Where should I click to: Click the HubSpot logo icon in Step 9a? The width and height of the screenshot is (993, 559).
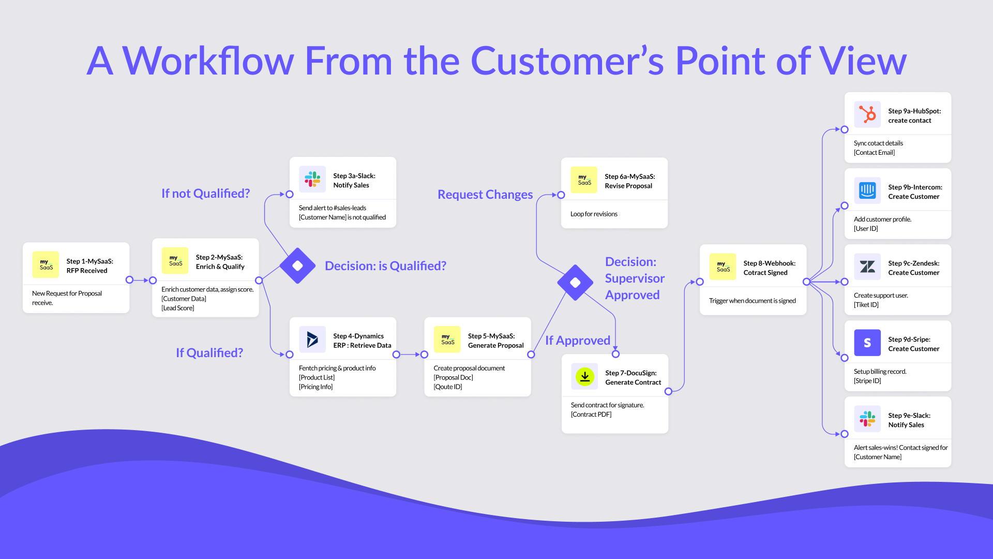tap(867, 114)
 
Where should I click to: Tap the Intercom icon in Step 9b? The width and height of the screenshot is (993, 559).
tap(867, 190)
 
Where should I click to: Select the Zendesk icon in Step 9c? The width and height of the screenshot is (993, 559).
tap(867, 267)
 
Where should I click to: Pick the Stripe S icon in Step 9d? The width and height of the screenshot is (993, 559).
tap(867, 343)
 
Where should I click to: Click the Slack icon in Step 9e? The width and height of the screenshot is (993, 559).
tap(867, 419)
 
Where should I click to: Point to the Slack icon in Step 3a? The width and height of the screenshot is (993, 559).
tap(312, 179)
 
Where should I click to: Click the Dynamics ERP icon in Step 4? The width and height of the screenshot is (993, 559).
tap(312, 340)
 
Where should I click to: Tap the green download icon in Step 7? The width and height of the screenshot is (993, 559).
tap(584, 376)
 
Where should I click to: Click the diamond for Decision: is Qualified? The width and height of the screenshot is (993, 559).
tap(297, 266)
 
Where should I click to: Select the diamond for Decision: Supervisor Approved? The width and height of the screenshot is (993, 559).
tap(575, 283)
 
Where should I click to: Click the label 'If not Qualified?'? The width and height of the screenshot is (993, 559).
tap(205, 194)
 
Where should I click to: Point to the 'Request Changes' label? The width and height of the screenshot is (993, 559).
tap(485, 195)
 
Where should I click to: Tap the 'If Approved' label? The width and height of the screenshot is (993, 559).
tap(577, 341)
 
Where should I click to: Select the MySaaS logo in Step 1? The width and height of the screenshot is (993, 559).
tap(46, 264)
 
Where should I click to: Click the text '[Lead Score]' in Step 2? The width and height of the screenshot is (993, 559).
tap(178, 308)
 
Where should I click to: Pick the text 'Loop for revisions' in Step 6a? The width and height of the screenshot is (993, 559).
tap(594, 214)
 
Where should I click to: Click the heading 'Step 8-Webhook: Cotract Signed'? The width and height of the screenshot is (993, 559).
tap(769, 268)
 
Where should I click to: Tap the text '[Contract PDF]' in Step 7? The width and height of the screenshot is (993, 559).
tap(591, 415)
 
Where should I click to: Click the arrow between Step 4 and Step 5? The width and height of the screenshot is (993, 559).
tap(410, 355)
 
